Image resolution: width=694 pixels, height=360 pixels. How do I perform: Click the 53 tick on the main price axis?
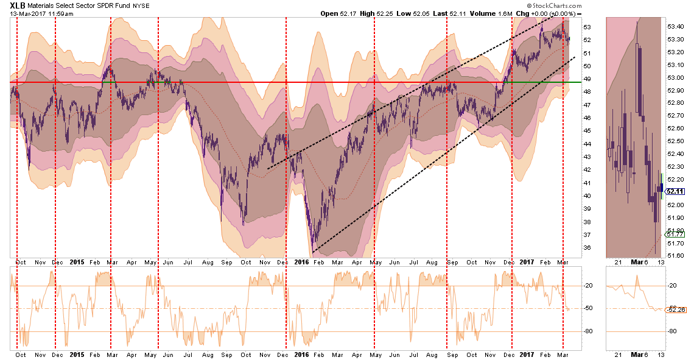coord(586,27)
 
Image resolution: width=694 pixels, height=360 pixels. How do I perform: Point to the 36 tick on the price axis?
coord(586,247)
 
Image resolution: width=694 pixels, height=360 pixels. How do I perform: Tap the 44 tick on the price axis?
coord(586,144)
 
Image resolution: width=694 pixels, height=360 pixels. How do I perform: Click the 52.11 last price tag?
coord(675,191)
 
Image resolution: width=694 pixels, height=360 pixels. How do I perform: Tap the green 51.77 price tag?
coord(675,234)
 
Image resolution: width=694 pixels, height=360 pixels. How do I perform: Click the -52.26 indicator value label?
coord(674,309)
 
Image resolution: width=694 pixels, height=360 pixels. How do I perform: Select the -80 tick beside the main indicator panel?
coord(589,331)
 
